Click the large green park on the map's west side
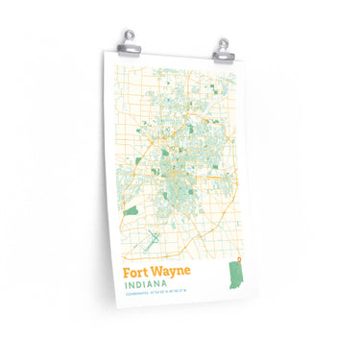131,209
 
